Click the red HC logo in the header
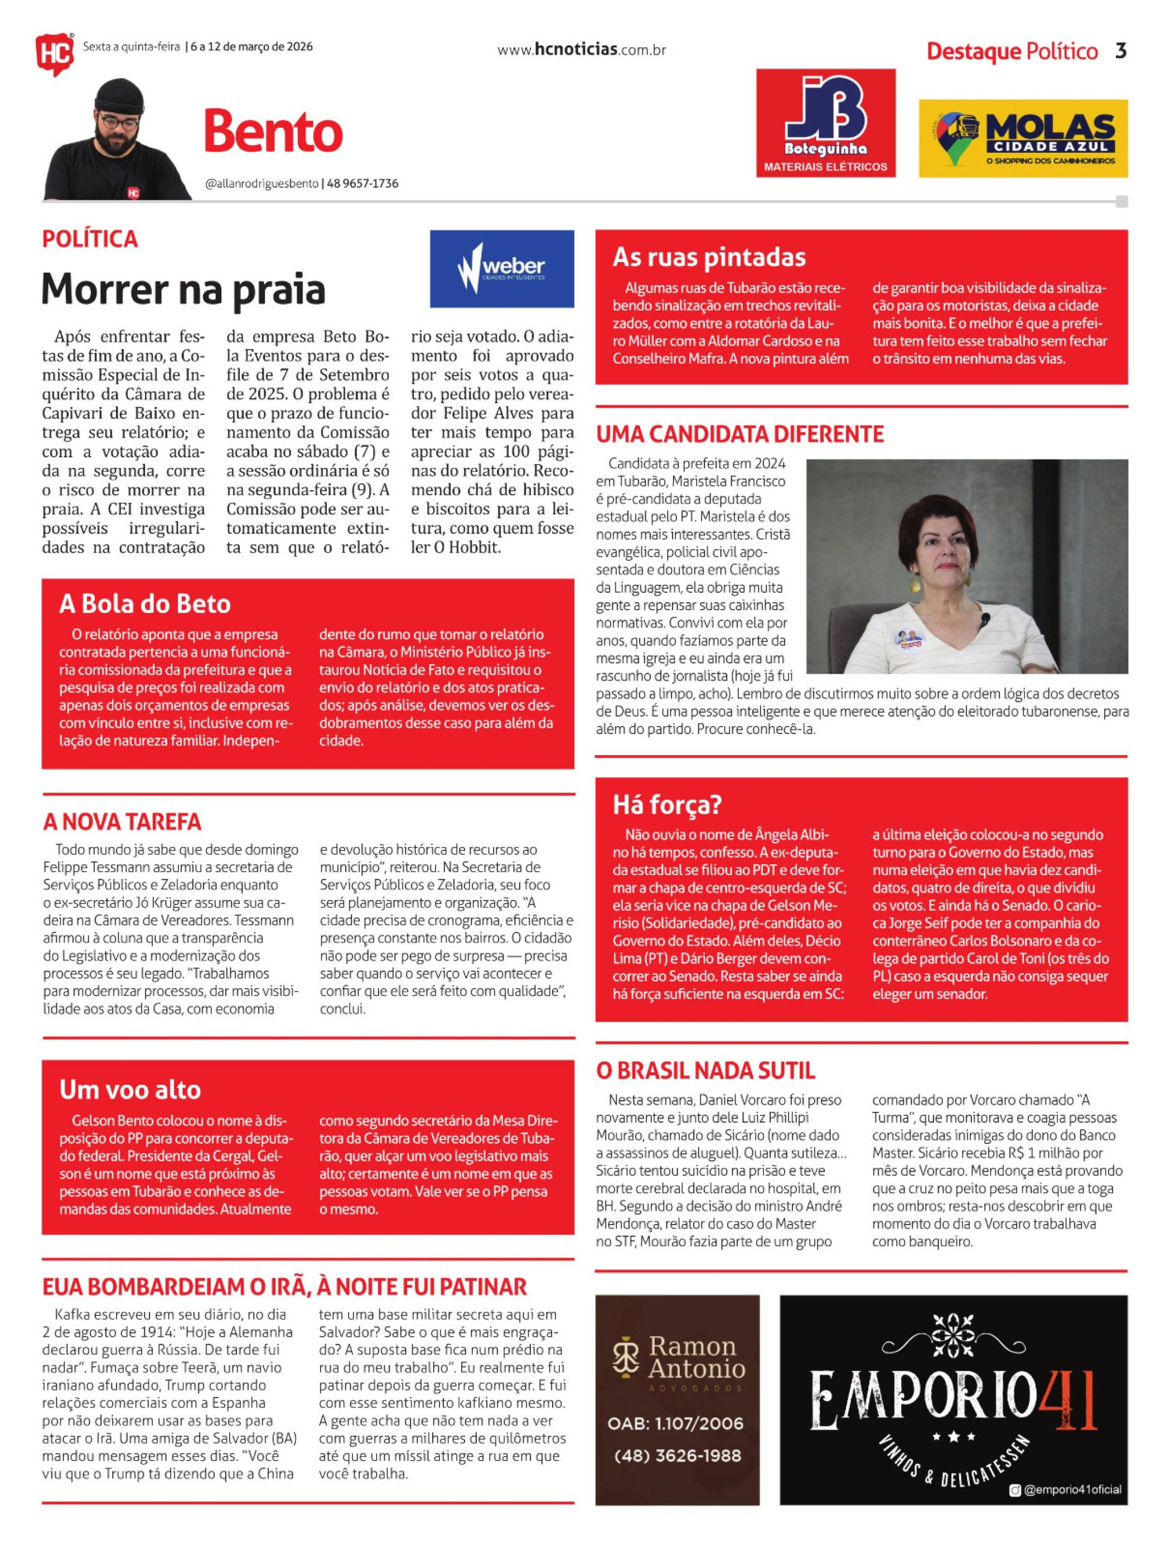[x=54, y=53]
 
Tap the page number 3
[x=1120, y=51]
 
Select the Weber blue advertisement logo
[x=501, y=269]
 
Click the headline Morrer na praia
[x=183, y=289]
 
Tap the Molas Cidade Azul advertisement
[x=1022, y=138]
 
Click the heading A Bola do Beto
[x=145, y=603]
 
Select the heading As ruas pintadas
[x=709, y=257]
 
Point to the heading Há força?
[x=666, y=805]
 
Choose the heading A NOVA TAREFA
[x=122, y=821]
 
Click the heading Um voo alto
[x=130, y=1090]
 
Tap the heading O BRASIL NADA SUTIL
[x=705, y=1071]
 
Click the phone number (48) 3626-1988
[x=676, y=1456]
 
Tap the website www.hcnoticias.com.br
[x=581, y=50]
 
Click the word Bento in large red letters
[x=273, y=132]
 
